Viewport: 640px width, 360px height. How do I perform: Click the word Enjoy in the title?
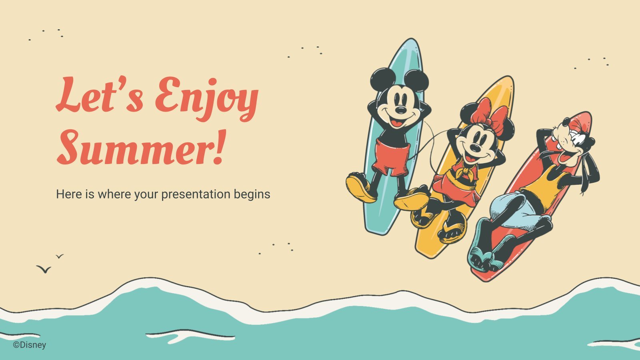click(207, 98)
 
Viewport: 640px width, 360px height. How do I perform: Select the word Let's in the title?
click(99, 94)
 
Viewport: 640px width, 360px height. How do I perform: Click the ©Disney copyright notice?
click(30, 345)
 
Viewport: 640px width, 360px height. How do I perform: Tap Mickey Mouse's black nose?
click(400, 110)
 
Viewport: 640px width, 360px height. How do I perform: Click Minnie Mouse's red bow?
click(490, 117)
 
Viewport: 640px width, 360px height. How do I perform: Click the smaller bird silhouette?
click(60, 256)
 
